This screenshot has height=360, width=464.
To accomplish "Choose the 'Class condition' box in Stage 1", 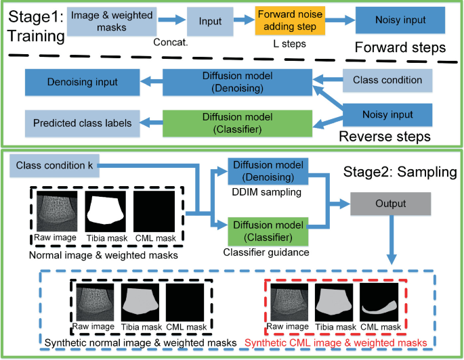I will point(387,81).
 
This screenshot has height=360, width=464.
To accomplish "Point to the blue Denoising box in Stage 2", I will point(267,172).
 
